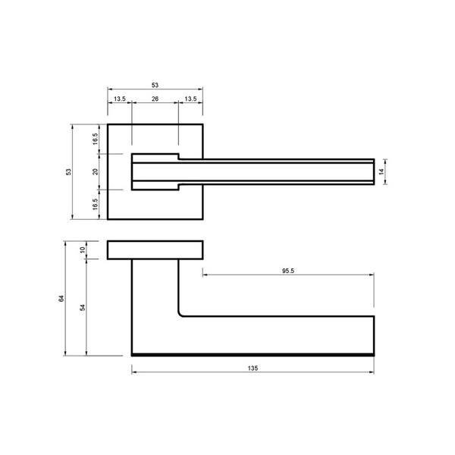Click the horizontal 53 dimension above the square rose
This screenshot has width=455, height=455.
[155, 85]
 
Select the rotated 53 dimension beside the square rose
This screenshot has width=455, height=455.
[68, 171]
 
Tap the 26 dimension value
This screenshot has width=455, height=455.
[155, 99]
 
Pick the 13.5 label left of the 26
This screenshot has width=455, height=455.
[120, 99]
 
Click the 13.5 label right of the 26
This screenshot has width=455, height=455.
[190, 99]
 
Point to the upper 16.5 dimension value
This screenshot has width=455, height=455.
[96, 139]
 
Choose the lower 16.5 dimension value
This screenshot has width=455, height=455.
[96, 204]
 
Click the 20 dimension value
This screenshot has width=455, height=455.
[96, 171]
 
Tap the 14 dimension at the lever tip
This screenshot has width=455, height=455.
[381, 171]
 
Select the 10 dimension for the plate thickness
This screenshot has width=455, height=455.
[83, 249]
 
